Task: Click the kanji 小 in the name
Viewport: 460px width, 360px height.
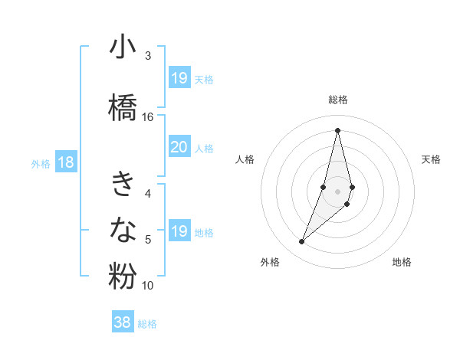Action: (x=123, y=48)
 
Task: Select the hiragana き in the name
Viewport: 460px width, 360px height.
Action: (x=123, y=184)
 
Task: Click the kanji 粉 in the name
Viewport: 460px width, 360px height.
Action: (x=123, y=276)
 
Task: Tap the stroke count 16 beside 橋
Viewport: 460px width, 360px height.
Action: (x=148, y=116)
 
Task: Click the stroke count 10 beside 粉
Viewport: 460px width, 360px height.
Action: (x=148, y=286)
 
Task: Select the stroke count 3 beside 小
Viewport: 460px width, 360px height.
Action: (x=148, y=56)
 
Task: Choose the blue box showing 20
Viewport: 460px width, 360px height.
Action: (x=179, y=147)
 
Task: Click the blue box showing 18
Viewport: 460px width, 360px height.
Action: (x=65, y=162)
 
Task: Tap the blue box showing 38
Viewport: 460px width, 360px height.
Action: (x=123, y=322)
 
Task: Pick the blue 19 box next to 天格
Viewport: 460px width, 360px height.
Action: (x=179, y=78)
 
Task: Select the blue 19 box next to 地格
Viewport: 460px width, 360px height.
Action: (x=179, y=231)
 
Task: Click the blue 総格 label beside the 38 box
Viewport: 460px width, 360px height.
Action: (x=147, y=324)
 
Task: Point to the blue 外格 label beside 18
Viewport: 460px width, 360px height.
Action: (x=41, y=163)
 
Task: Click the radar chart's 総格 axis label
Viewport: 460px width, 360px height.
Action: (x=337, y=100)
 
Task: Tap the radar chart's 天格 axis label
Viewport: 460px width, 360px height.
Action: (x=431, y=159)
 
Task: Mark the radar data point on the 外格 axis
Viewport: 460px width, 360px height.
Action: (x=302, y=242)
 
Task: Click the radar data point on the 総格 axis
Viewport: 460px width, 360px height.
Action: (x=337, y=129)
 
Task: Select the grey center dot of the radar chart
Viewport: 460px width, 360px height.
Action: (x=337, y=191)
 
